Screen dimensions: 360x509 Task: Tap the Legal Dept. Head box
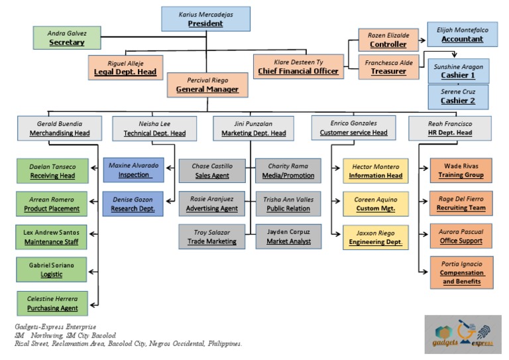(125, 66)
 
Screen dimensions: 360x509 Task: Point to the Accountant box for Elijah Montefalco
(458, 34)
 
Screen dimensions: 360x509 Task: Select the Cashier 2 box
(458, 96)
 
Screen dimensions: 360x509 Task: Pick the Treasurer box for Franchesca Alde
(388, 66)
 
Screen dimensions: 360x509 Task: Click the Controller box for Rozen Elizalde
(388, 40)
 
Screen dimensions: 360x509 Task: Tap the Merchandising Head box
(59, 127)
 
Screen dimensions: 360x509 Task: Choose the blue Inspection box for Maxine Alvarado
(134, 170)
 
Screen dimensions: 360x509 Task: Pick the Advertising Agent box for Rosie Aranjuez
(211, 203)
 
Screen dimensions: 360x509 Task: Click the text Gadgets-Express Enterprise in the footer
(55, 327)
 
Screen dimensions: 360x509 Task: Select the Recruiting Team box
(460, 203)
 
